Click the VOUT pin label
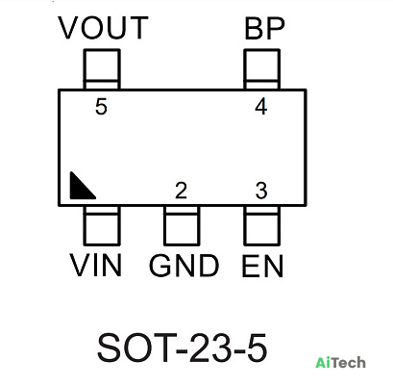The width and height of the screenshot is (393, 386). pyautogui.click(x=103, y=28)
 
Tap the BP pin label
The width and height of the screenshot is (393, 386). pyautogui.click(x=264, y=29)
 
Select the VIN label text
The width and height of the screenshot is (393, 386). pyautogui.click(x=96, y=265)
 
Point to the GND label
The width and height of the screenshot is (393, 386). pyautogui.click(x=184, y=266)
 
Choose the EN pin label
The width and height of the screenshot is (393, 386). pyautogui.click(x=262, y=266)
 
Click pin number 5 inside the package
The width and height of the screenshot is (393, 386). pyautogui.click(x=101, y=107)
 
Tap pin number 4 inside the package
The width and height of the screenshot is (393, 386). pyautogui.click(x=261, y=107)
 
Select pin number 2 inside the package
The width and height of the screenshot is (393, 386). pyautogui.click(x=181, y=191)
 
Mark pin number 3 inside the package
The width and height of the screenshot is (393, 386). pyautogui.click(x=261, y=191)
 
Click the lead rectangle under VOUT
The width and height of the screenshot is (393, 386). pyautogui.click(x=102, y=69)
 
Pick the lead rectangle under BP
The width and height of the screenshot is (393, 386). pyautogui.click(x=262, y=69)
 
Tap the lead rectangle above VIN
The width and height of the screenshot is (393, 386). pyautogui.click(x=102, y=225)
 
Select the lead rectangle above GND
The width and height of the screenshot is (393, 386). pyautogui.click(x=182, y=225)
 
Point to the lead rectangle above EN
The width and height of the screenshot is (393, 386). pyautogui.click(x=262, y=225)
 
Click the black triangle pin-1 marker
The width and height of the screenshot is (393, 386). pyautogui.click(x=79, y=190)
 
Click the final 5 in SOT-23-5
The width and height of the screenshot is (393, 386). pyautogui.click(x=257, y=347)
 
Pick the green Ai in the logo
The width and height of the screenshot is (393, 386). pyautogui.click(x=321, y=363)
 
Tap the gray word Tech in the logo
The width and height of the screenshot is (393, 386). pyautogui.click(x=347, y=363)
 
